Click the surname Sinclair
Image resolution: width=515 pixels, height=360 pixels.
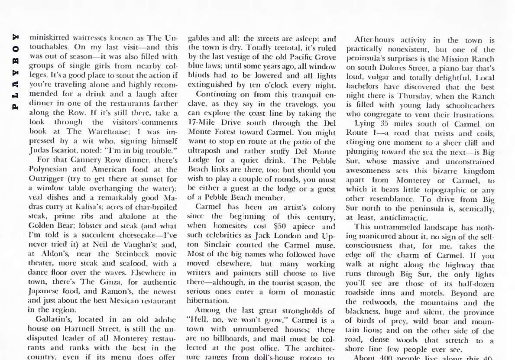[207, 245]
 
